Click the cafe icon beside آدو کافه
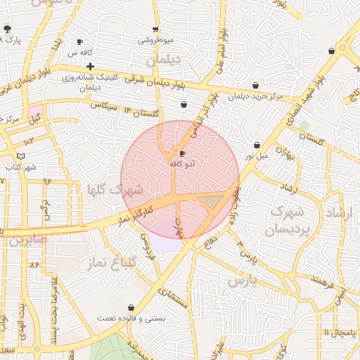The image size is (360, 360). point(183,153)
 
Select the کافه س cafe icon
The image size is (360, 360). point(79,42)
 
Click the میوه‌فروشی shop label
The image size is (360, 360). point(155,41)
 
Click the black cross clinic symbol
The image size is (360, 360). point(91,67)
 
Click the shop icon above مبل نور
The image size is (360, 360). point(256,145)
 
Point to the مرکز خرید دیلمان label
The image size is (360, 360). point(255,96)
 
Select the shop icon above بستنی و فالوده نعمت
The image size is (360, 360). point(131,308)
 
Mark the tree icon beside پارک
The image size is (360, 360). point(7,30)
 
